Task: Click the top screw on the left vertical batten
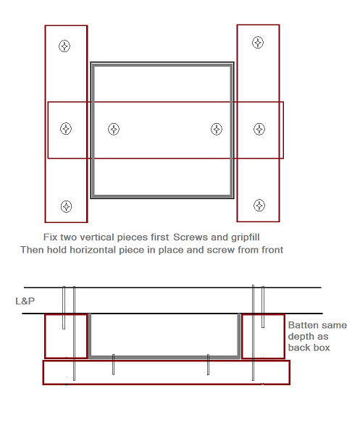pos(64,46)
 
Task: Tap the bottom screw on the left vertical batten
pos(66,206)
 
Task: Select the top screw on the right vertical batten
pos(258,43)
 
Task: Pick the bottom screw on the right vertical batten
pos(259,206)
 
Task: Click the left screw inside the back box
pos(114,129)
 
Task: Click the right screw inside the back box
pos(217,129)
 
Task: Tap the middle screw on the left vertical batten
pos(66,128)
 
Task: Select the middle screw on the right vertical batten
pos(259,129)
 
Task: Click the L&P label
pos(25,301)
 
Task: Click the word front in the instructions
pos(272,250)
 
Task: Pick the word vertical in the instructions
pos(96,237)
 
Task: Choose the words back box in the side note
pos(309,348)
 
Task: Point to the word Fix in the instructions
pos(50,237)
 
